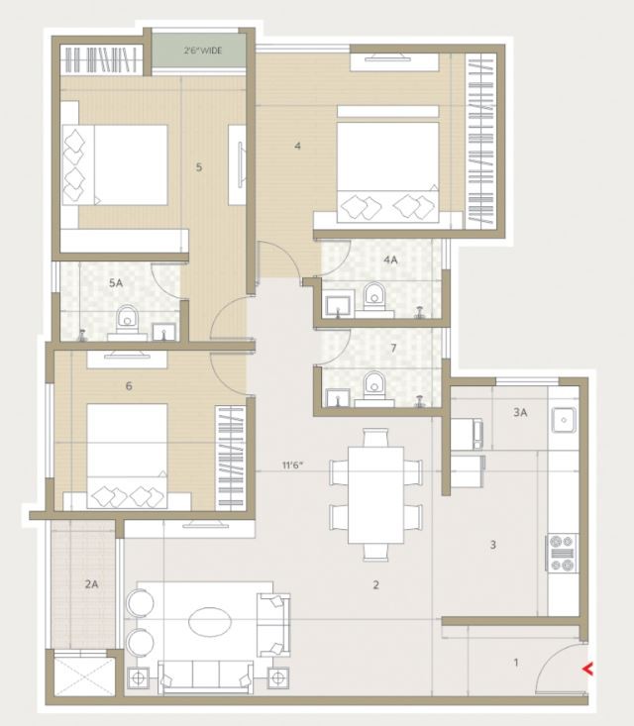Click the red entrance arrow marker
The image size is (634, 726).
click(x=588, y=670)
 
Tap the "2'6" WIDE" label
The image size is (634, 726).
click(x=203, y=51)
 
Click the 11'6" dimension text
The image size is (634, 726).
click(x=292, y=465)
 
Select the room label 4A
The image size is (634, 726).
click(x=390, y=259)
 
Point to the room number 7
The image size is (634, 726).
click(x=393, y=348)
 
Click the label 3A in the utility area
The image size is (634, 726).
click(x=520, y=412)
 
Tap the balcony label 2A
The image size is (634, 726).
click(x=92, y=584)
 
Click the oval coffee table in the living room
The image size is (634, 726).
click(x=210, y=622)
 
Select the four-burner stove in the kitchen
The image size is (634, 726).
click(x=563, y=553)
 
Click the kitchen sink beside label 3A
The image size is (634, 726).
click(x=564, y=420)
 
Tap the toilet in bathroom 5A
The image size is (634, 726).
click(x=127, y=319)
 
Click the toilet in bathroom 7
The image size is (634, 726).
click(x=374, y=384)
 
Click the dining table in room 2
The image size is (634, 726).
click(x=375, y=495)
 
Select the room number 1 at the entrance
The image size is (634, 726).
click(x=516, y=663)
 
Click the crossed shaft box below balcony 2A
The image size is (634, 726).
click(x=84, y=676)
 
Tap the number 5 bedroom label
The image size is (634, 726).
click(x=199, y=167)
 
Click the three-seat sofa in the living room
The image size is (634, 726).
click(x=206, y=677)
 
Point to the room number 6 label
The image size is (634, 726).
click(x=129, y=385)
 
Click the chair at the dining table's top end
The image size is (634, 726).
click(x=375, y=438)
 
